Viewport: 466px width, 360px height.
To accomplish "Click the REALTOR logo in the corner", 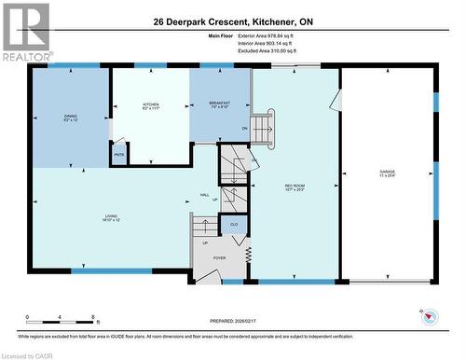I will (x=25, y=31).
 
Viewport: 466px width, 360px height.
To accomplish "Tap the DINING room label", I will (x=71, y=118).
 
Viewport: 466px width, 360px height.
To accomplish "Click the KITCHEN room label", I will (x=151, y=106).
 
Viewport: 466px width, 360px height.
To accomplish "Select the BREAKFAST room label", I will (x=220, y=105).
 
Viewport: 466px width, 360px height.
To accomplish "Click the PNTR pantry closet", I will (x=119, y=155).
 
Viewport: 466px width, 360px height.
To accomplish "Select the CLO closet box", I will (x=234, y=224).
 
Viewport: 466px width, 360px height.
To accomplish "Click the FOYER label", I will (x=219, y=258).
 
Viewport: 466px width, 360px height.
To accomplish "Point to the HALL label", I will (x=203, y=195).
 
